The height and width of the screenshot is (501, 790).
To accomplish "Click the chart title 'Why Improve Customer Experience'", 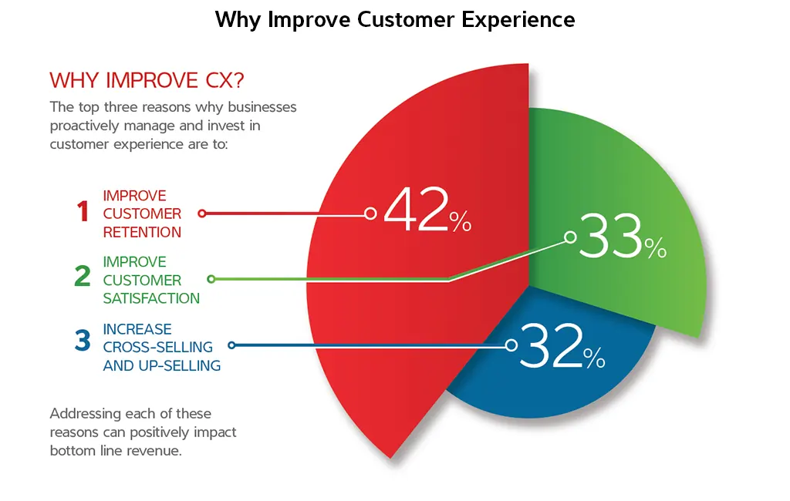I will (394, 19).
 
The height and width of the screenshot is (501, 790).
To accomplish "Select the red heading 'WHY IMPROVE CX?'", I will (147, 80).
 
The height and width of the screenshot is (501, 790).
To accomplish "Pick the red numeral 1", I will (83, 212).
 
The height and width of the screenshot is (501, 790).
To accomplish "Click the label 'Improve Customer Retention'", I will (143, 214).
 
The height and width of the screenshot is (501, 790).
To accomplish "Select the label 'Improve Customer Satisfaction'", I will (151, 280).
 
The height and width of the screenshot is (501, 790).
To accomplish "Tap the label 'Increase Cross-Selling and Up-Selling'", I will (162, 347).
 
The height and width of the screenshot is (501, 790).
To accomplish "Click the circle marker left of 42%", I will (370, 214).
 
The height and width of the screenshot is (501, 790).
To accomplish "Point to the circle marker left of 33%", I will (570, 237).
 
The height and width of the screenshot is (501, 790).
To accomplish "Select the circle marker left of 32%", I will (510, 346).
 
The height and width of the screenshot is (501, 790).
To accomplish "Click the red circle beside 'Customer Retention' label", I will (201, 214).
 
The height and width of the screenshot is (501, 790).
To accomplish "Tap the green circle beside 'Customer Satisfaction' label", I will (211, 279).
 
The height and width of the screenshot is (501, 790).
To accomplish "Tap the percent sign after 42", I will (461, 224).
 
